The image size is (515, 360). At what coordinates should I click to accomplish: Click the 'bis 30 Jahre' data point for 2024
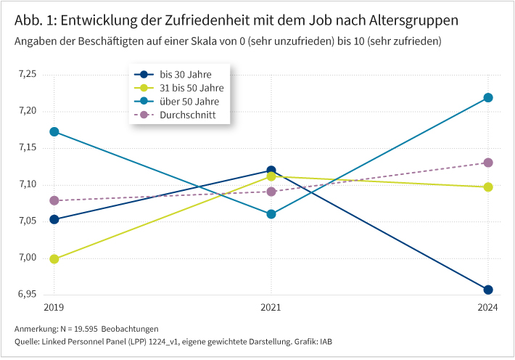click(488, 290)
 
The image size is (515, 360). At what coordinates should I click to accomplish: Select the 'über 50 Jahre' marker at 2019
click(54, 132)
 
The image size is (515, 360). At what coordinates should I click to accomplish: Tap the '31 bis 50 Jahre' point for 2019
click(54, 259)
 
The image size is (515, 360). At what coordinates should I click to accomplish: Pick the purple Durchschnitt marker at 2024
click(488, 163)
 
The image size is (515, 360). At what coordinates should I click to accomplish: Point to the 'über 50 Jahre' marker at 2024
click(488, 97)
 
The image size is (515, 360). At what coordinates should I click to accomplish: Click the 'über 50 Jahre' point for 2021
click(271, 214)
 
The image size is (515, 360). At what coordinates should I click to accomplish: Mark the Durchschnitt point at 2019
click(54, 200)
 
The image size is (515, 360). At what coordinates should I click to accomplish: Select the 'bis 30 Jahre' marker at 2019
click(54, 219)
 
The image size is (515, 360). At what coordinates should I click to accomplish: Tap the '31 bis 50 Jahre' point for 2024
click(488, 187)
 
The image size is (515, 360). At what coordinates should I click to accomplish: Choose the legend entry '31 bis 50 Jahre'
click(191, 88)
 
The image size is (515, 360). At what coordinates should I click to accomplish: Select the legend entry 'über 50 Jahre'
click(189, 102)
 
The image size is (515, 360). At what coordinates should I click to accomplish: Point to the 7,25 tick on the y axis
click(26, 74)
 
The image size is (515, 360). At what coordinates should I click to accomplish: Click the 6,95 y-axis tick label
click(26, 294)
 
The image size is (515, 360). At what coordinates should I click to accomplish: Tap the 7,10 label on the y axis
click(26, 184)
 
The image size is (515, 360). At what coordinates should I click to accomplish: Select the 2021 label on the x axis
click(271, 307)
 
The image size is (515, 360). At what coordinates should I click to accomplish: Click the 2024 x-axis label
click(487, 307)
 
